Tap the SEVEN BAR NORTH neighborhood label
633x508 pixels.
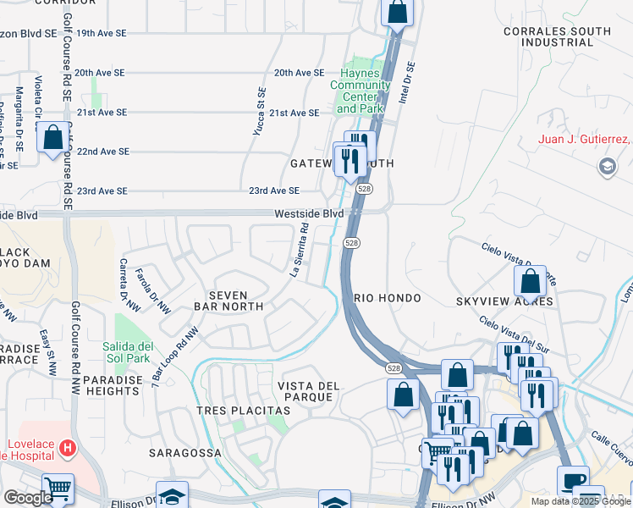point(228,300)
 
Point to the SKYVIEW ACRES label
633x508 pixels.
point(504,301)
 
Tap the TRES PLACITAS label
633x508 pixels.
point(243,411)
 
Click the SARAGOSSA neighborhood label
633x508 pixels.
point(185,453)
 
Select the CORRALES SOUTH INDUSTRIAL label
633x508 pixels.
point(565,36)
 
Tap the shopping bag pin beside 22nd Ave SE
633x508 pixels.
point(52,137)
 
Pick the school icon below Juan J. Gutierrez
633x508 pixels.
point(606,167)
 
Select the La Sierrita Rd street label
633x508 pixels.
point(298,251)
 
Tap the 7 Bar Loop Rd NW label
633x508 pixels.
point(168,362)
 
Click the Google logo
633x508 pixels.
point(27,498)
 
